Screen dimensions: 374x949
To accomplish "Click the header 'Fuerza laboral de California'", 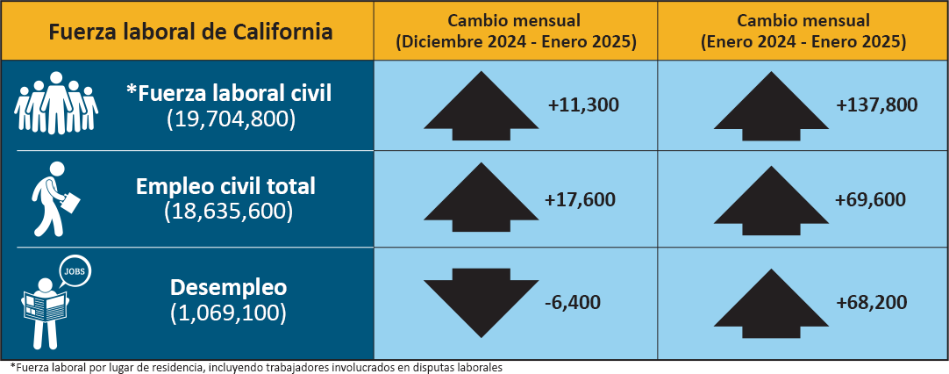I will [190, 32].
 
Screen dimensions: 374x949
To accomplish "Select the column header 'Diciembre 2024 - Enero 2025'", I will [516, 41].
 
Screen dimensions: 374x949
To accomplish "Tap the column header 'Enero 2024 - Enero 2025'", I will [803, 41].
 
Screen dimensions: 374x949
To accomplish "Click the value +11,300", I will [583, 105].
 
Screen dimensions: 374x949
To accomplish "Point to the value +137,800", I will [876, 105].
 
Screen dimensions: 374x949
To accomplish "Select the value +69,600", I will [871, 200].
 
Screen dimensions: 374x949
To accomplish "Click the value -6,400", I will [572, 302].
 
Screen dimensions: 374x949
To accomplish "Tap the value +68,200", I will [871, 302].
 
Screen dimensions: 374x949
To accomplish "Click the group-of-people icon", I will [56, 104].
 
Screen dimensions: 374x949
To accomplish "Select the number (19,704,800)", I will [230, 119].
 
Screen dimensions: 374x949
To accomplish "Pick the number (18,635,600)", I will [228, 212].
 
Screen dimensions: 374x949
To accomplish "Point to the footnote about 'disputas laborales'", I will [255, 366].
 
